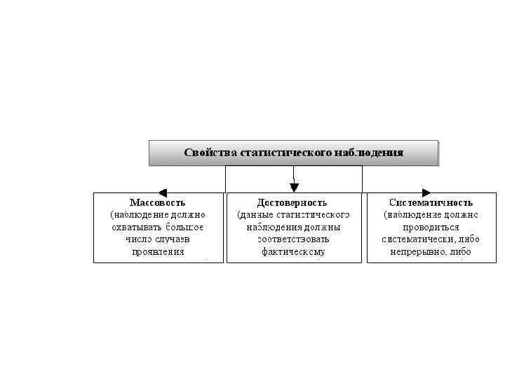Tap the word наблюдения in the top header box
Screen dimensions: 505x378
[370, 153]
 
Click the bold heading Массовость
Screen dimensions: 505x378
[158, 202]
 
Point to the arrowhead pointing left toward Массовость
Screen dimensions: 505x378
[161, 192]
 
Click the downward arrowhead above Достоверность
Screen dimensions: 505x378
[294, 187]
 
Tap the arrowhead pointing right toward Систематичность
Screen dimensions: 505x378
[426, 192]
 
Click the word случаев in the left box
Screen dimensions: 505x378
[173, 239]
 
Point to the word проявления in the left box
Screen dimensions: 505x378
[158, 251]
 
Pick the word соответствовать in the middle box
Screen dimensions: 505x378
[293, 239]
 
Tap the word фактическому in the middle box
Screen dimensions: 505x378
[293, 251]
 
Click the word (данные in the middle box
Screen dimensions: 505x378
[257, 214]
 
